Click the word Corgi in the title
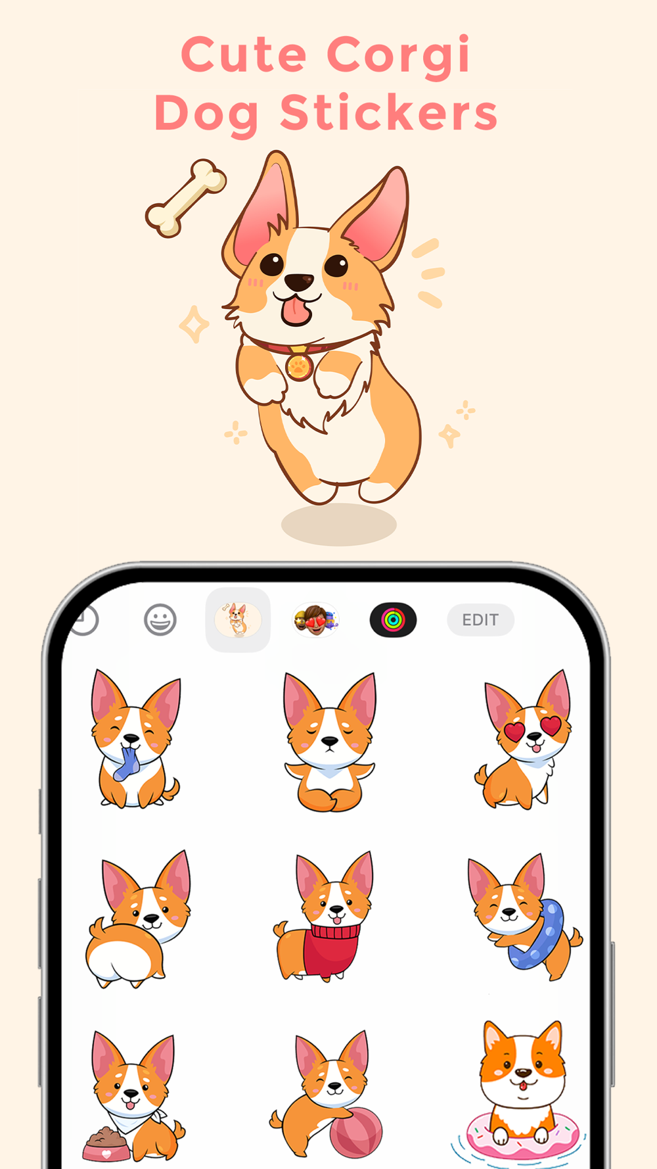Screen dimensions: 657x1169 (x=399, y=55)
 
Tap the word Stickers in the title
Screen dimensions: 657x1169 (x=389, y=112)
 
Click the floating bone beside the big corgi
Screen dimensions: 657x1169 (x=186, y=197)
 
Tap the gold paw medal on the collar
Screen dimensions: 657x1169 (x=299, y=366)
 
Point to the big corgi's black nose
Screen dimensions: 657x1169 (x=299, y=282)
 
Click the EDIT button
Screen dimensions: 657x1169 (x=480, y=620)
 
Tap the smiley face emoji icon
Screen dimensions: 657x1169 (x=160, y=620)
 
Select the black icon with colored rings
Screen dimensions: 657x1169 (x=393, y=620)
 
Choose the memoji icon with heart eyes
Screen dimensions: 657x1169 (x=315, y=620)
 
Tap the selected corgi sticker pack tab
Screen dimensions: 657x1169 (x=238, y=620)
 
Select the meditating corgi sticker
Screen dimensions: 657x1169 (x=329, y=742)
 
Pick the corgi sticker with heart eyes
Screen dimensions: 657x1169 (x=524, y=739)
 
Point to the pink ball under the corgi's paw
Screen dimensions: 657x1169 (x=355, y=1132)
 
